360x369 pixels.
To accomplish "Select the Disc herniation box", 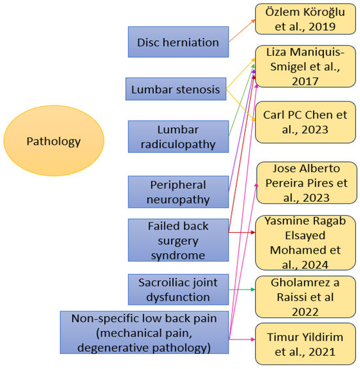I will click(178, 42).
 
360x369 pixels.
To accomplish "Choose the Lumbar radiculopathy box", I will click(178, 136).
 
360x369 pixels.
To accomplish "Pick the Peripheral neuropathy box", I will click(178, 191).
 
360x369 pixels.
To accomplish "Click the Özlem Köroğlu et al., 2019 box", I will click(304, 20).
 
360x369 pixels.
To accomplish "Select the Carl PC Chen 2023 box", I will click(304, 122).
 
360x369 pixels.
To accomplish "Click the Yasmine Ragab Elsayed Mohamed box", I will click(304, 242).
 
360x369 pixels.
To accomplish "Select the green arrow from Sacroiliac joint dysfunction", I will click(242, 290).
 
